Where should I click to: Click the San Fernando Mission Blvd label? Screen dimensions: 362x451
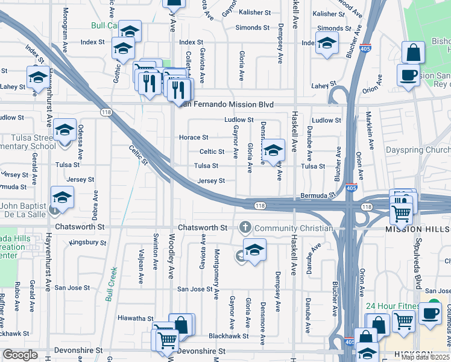tap(226, 104)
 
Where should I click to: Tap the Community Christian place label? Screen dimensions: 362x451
tap(294, 228)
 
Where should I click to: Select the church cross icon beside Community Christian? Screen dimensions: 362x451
tap(245, 228)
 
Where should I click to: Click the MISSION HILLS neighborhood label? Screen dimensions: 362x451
tap(418, 229)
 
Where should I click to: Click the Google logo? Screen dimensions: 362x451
tap(20, 355)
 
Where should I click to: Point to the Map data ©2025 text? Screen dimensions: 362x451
tap(425, 357)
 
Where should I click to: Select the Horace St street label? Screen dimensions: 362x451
tap(194, 138)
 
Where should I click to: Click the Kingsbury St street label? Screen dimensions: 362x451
tap(87, 243)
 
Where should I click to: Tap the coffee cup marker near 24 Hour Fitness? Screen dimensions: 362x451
tap(430, 313)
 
